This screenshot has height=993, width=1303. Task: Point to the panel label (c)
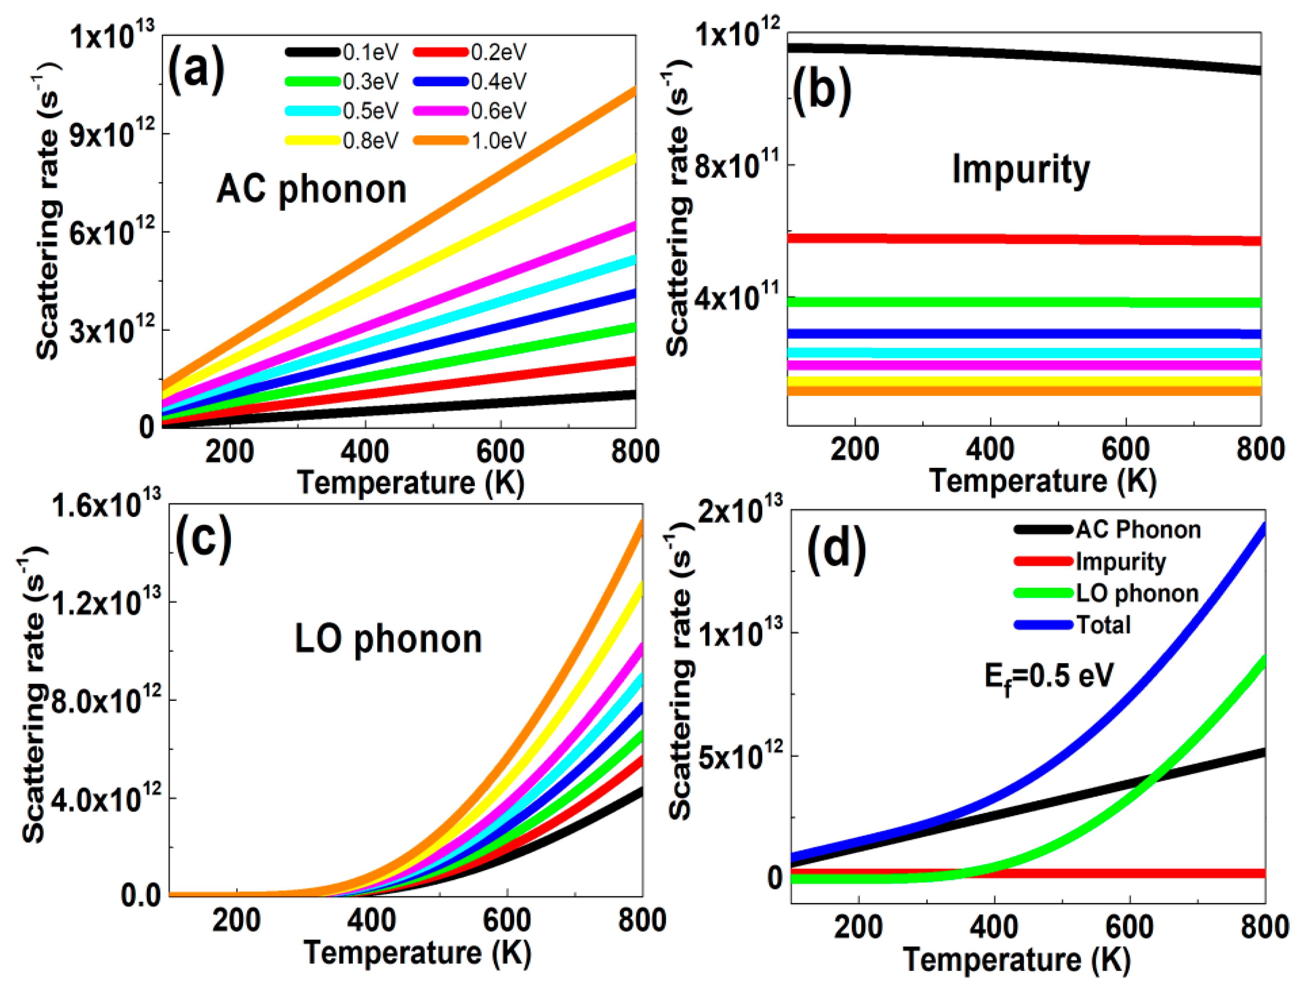(x=203, y=541)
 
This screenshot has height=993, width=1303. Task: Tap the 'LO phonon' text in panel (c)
(x=388, y=640)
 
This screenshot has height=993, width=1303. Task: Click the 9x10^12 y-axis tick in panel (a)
(x=112, y=135)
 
